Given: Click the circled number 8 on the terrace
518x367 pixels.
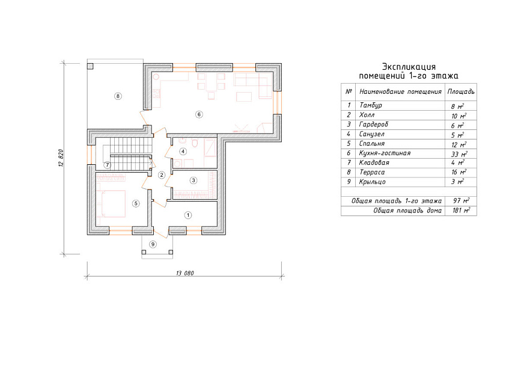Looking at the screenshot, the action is click(118, 96).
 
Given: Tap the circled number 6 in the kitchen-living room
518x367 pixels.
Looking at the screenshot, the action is click(199, 114).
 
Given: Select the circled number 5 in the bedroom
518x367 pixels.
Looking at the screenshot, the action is click(136, 203).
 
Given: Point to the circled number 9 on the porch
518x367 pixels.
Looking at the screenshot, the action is click(153, 244).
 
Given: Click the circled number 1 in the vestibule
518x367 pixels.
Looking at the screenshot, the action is click(188, 215).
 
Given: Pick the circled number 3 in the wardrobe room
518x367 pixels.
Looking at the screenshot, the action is click(193, 180).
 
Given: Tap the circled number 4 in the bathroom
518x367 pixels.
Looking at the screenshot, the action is click(183, 152).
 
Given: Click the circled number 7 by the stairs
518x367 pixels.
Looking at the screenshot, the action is click(107, 165).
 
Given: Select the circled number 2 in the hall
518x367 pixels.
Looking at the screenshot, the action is click(162, 175).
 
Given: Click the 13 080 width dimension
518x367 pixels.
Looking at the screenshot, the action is click(185, 273).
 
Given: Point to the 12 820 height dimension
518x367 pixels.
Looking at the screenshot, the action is click(61, 158).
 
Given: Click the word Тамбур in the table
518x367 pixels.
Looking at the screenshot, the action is click(371, 105).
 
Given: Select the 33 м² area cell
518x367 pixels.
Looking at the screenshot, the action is click(459, 154).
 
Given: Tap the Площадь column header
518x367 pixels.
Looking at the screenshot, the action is click(461, 91).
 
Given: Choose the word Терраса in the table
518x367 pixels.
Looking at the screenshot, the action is click(372, 172).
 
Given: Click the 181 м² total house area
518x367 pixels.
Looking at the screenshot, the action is click(461, 211).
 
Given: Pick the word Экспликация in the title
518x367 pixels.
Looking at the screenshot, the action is click(409, 67).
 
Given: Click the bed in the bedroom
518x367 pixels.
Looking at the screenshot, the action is click(112, 203).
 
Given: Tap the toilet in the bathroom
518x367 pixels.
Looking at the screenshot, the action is click(195, 144).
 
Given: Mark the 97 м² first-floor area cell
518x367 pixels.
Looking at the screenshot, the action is click(462, 201).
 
